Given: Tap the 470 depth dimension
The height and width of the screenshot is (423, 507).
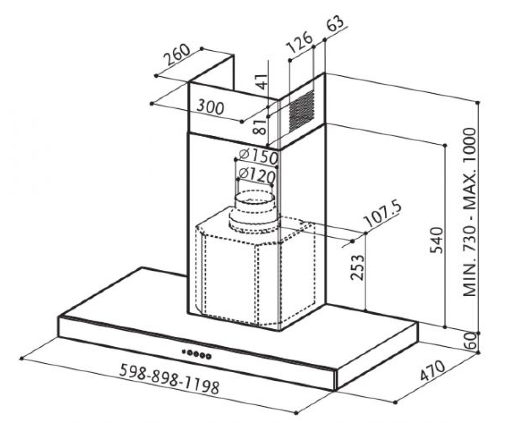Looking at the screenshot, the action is [x=433, y=371].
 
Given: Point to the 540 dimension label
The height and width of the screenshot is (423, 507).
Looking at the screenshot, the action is [x=436, y=240].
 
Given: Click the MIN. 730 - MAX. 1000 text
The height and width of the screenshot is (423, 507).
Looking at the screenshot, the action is [x=470, y=212].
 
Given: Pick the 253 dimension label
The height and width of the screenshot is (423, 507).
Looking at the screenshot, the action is [x=357, y=267].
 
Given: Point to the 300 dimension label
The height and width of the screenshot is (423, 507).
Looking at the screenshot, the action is [x=210, y=108].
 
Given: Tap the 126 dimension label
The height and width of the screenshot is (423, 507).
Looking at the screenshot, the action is [x=299, y=42].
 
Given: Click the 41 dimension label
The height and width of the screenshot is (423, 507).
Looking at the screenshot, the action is [x=262, y=82].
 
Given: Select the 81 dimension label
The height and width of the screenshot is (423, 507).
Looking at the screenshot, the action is [x=259, y=126].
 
